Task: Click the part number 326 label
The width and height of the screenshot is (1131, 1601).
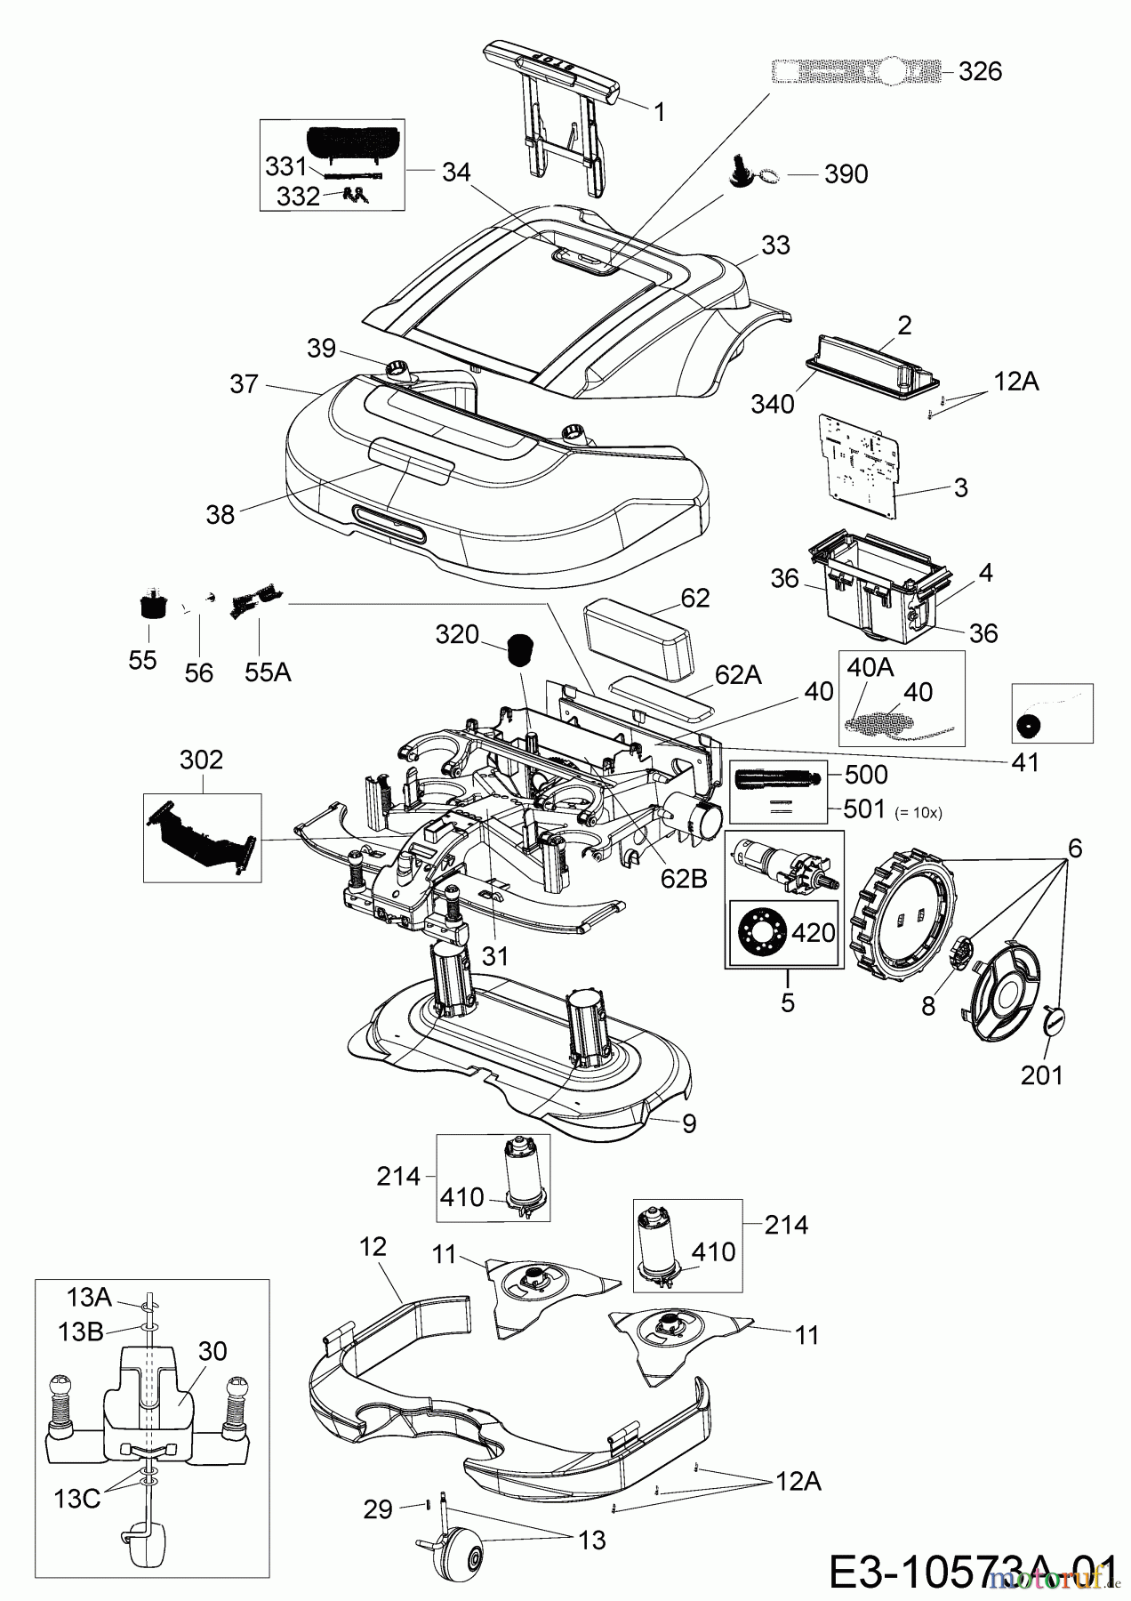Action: tap(980, 72)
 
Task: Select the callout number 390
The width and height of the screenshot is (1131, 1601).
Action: tap(846, 174)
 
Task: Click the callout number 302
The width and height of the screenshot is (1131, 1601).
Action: tap(202, 760)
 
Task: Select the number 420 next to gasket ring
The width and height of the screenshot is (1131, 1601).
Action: tap(813, 932)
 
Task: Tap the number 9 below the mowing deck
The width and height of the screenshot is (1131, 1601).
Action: tap(689, 1123)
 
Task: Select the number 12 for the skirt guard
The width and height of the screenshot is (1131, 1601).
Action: tap(373, 1247)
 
